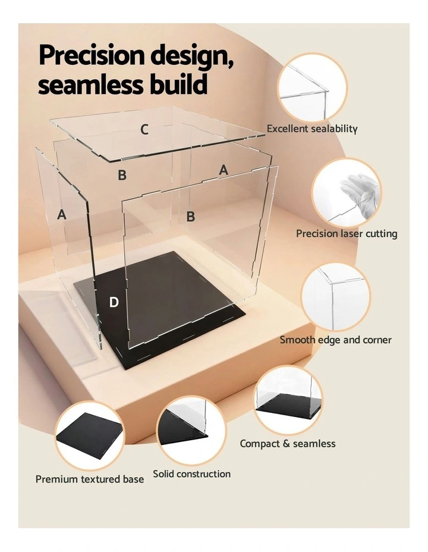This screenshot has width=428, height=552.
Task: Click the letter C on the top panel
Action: click(144, 129)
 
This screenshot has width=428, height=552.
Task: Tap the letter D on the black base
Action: click(114, 302)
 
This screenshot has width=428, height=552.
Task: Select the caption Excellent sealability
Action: click(312, 128)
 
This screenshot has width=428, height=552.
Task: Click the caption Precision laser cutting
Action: click(347, 234)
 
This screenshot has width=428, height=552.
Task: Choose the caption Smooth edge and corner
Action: click(336, 340)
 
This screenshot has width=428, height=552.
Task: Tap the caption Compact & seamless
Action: click(288, 444)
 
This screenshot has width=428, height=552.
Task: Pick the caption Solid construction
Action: click(191, 474)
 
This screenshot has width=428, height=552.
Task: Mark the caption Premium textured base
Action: click(90, 479)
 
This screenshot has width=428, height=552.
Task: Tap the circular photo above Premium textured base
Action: click(90, 437)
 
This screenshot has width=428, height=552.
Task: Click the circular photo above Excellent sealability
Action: click(312, 87)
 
